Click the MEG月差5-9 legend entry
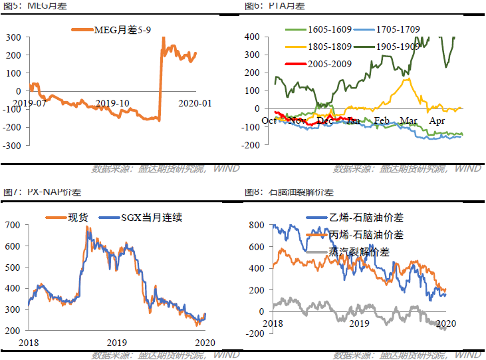(114, 31)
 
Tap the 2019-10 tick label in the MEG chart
(112, 103)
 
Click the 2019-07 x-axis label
(29, 103)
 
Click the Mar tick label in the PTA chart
(408, 120)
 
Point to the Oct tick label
(269, 120)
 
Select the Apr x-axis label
(437, 120)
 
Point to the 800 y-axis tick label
(255, 226)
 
